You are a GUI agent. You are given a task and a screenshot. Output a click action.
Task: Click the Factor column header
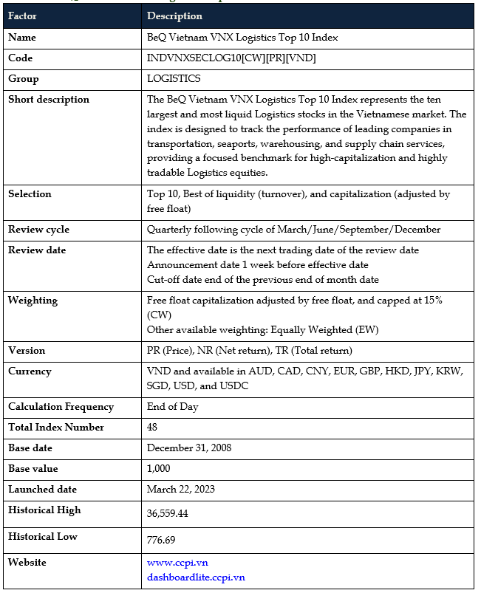[22, 16]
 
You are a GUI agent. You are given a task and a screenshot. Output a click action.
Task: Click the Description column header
[174, 16]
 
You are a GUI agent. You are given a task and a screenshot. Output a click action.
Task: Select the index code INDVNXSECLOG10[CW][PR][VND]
[231, 58]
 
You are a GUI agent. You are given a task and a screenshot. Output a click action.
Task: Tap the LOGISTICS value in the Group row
[174, 79]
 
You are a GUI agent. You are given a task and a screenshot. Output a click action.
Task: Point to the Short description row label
[49, 100]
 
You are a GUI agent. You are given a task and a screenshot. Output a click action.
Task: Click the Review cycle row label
[38, 230]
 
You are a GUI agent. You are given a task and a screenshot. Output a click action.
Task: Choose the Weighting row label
[33, 301]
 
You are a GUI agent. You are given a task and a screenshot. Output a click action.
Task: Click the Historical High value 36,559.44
[168, 513]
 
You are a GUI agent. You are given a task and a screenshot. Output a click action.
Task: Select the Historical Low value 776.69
[161, 540]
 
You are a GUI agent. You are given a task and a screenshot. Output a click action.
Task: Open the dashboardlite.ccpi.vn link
[196, 577]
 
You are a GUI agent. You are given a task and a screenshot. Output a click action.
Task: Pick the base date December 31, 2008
[188, 448]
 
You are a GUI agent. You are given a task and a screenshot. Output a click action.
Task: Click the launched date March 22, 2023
[181, 490]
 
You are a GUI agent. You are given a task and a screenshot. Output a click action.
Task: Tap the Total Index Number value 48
[153, 428]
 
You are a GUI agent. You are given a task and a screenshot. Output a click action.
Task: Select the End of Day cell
[172, 407]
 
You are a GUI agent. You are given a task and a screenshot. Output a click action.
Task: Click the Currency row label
[30, 371]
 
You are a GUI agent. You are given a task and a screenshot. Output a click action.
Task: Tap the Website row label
[27, 563]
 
